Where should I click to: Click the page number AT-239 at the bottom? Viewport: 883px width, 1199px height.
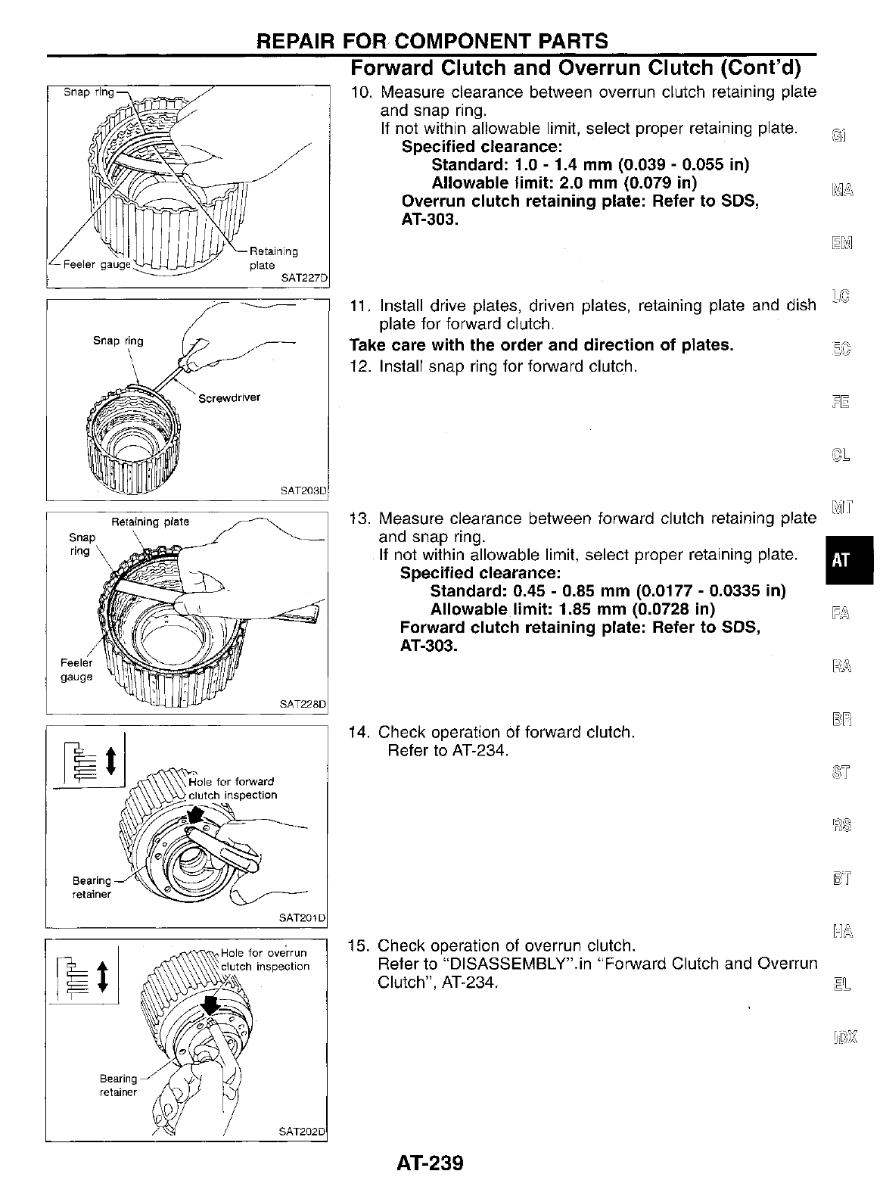[429, 1163]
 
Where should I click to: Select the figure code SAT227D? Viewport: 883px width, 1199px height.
[303, 279]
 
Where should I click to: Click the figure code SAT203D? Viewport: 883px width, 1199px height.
[303, 490]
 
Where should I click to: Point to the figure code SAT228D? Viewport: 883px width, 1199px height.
[303, 703]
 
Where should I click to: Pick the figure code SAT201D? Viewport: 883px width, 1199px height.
[303, 917]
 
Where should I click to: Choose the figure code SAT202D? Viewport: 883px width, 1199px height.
[303, 1132]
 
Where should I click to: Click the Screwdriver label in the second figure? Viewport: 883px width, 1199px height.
[229, 397]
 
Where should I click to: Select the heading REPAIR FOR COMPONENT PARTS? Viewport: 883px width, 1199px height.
[432, 41]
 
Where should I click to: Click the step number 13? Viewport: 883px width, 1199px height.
[357, 519]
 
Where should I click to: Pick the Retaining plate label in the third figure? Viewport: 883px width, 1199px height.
[150, 522]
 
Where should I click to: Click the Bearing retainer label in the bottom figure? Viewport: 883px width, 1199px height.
[119, 1085]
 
